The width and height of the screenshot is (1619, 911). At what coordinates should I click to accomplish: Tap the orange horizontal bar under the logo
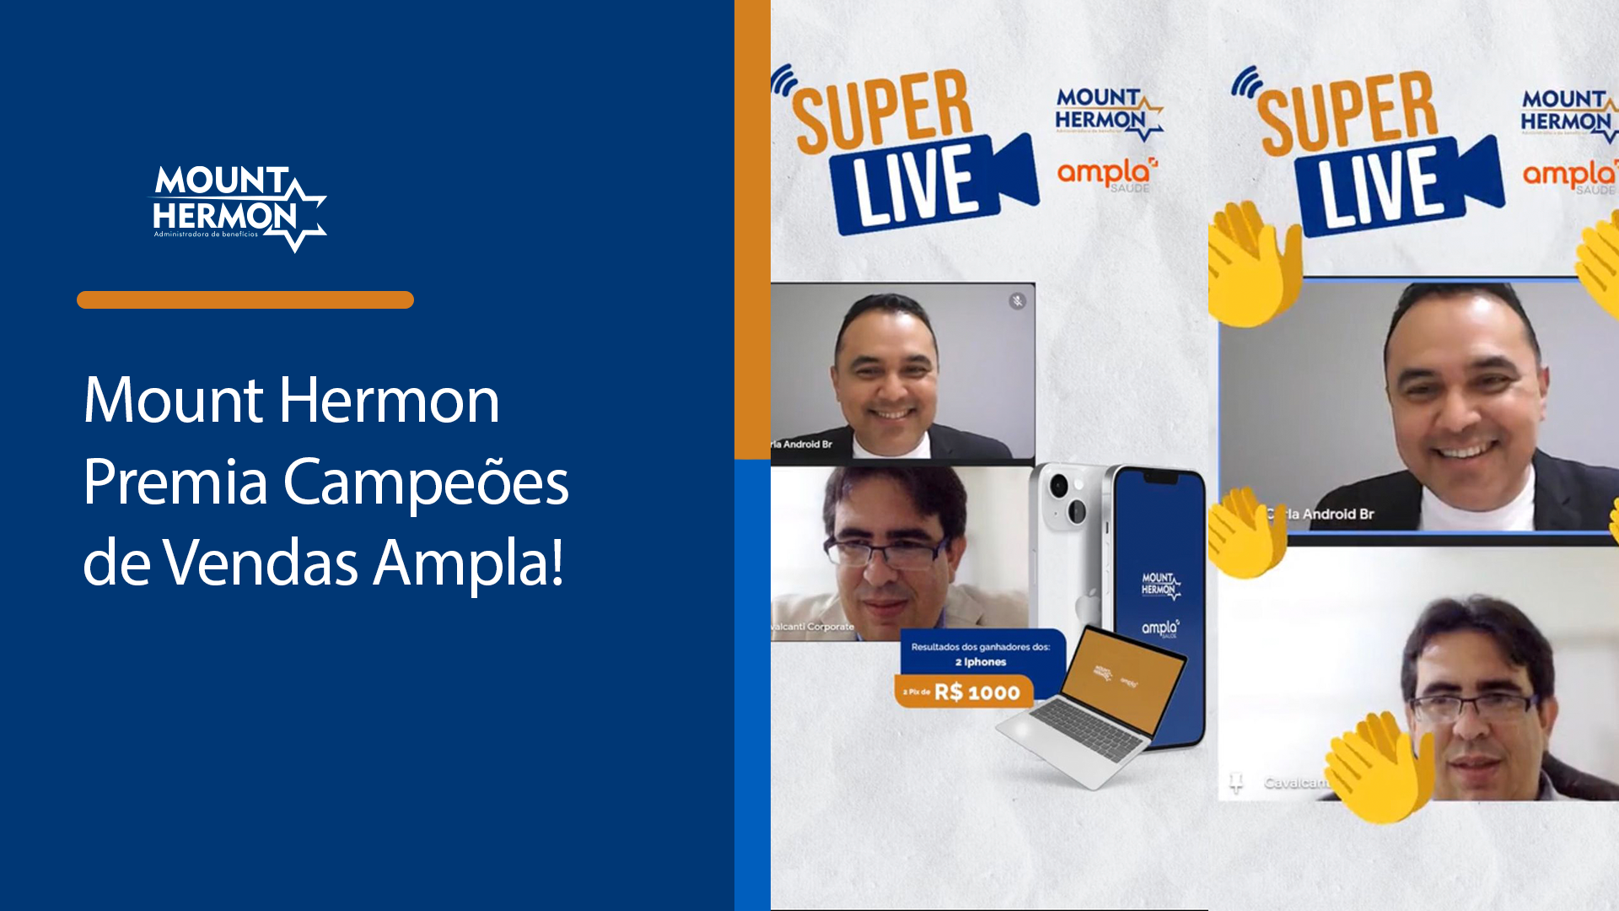pyautogui.click(x=245, y=299)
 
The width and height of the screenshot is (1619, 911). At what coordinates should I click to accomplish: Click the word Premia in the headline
pyautogui.click(x=175, y=482)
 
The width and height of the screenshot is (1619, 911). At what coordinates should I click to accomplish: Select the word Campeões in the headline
pyautogui.click(x=426, y=482)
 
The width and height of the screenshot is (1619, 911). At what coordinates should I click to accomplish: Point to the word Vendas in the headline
pyautogui.click(x=261, y=563)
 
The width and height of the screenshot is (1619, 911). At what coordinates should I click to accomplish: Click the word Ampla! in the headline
pyautogui.click(x=469, y=563)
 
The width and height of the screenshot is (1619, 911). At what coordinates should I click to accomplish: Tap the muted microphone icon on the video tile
pyautogui.click(x=1018, y=301)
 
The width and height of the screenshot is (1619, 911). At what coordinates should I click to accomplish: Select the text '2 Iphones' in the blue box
pyautogui.click(x=981, y=662)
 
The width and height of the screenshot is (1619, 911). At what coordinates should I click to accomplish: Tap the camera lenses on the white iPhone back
pyautogui.click(x=1067, y=498)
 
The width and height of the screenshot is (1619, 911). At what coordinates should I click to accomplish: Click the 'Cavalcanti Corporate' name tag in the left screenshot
pyautogui.click(x=813, y=627)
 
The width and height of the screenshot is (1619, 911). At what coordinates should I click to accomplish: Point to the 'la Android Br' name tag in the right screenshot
pyautogui.click(x=1328, y=514)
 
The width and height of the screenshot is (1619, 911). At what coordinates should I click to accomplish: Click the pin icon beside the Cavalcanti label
pyautogui.click(x=1236, y=782)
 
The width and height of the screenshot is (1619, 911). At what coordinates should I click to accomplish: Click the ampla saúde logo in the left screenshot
pyautogui.click(x=1107, y=174)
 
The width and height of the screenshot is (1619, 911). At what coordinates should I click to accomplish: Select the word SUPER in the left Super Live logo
pyautogui.click(x=882, y=110)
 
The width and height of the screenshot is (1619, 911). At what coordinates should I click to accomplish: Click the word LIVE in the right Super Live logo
pyautogui.click(x=1383, y=187)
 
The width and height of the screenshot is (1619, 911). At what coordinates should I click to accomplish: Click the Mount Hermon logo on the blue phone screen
pyautogui.click(x=1160, y=584)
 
